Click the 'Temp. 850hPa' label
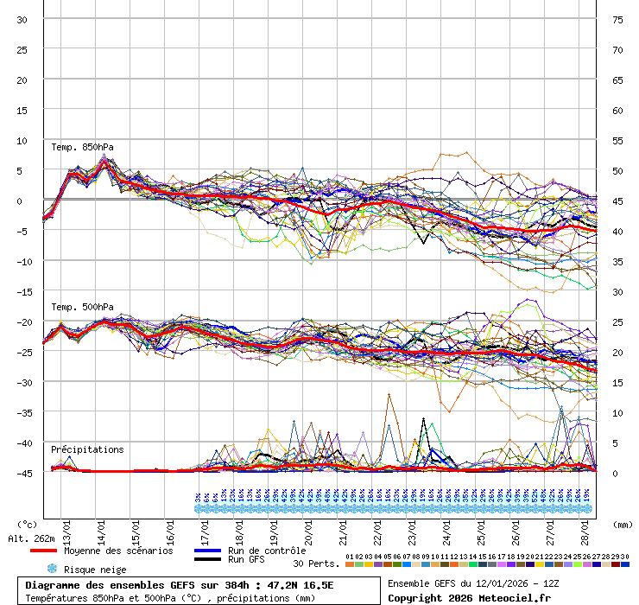[82, 147]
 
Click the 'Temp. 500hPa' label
[82, 307]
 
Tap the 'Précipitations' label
[87, 449]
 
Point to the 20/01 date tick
[308, 527]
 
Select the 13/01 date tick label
[66, 527]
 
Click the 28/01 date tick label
[585, 527]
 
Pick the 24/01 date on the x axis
[446, 527]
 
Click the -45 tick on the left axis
[22, 473]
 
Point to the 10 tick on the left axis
[22, 140]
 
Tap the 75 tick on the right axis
[617, 20]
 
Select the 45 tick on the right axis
[617, 201]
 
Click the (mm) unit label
[623, 524]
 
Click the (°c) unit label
[27, 524]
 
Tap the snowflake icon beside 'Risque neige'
[52, 570]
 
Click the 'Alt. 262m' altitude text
[30, 538]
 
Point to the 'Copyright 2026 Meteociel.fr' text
[469, 598]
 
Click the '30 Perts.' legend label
[315, 564]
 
